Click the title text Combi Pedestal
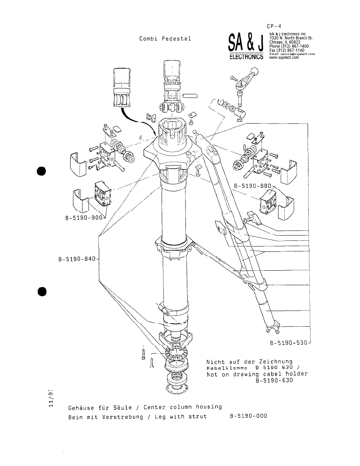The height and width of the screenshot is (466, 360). tap(165, 38)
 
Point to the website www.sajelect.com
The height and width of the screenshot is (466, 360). tap(284, 57)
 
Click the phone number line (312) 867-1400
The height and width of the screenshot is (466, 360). tap(289, 46)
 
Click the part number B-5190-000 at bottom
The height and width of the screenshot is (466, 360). tap(248, 416)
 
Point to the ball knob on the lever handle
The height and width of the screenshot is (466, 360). tap(255, 72)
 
